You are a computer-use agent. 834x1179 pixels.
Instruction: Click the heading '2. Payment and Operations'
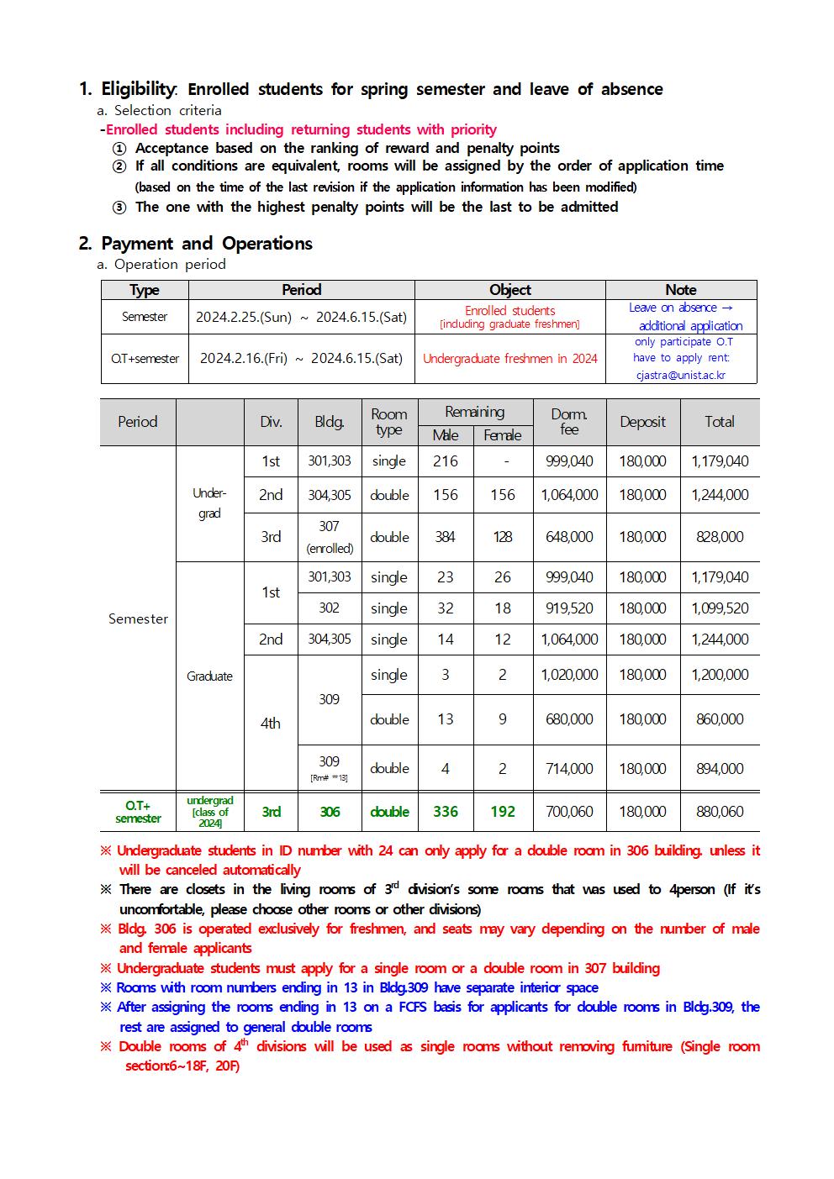pyautogui.click(x=195, y=244)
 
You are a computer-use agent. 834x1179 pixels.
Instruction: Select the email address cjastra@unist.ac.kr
pyautogui.click(x=681, y=376)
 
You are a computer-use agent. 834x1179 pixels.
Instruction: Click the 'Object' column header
pyautogui.click(x=509, y=290)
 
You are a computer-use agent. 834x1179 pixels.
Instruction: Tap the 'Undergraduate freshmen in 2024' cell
pyautogui.click(x=509, y=359)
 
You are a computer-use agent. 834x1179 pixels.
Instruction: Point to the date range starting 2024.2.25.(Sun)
pyautogui.click(x=301, y=317)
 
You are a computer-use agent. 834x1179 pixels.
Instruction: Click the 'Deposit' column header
pyautogui.click(x=642, y=422)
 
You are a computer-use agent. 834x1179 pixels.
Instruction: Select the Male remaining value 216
pyautogui.click(x=446, y=461)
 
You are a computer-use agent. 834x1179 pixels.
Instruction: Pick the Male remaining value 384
pyautogui.click(x=446, y=537)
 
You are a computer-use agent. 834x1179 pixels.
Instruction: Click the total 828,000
pyautogui.click(x=720, y=537)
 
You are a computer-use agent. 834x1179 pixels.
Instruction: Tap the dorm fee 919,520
pyautogui.click(x=569, y=608)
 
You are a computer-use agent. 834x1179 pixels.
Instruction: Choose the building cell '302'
pyautogui.click(x=329, y=608)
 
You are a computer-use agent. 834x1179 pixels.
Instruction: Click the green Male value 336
pyautogui.click(x=446, y=812)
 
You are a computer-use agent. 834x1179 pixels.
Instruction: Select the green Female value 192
pyautogui.click(x=503, y=812)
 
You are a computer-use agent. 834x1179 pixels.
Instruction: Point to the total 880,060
pyautogui.click(x=720, y=812)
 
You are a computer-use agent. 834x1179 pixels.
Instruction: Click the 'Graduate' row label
pyautogui.click(x=209, y=676)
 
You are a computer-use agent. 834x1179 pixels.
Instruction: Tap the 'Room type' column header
pyautogui.click(x=389, y=422)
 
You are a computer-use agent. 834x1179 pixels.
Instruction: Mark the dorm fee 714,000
pyautogui.click(x=569, y=769)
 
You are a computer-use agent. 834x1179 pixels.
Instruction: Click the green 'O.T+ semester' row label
pyautogui.click(x=138, y=812)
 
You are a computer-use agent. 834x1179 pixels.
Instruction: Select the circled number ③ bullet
pyautogui.click(x=119, y=208)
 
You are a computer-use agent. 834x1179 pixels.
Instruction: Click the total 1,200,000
pyautogui.click(x=720, y=675)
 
